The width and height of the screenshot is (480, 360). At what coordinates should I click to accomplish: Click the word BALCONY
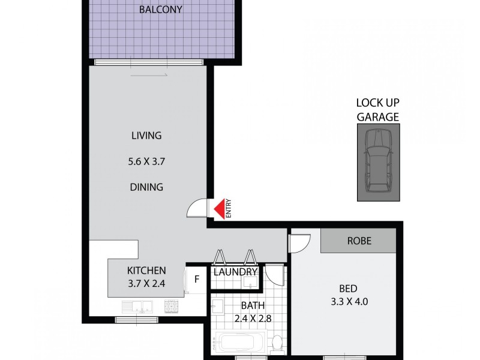tap(160, 10)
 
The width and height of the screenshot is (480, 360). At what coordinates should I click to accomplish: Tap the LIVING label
tap(146, 135)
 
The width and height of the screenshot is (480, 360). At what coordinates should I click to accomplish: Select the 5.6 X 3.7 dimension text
tap(146, 161)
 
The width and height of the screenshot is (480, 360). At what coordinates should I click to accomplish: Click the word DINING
tap(146, 187)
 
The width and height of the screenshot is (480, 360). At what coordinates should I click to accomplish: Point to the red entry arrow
tap(220, 208)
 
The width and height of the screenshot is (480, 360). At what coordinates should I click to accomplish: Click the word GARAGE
tap(378, 117)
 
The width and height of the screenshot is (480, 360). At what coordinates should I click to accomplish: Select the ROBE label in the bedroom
tap(359, 241)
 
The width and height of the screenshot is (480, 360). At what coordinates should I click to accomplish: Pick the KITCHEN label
tap(146, 271)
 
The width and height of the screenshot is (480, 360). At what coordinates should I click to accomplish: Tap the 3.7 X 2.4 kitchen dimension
tap(146, 284)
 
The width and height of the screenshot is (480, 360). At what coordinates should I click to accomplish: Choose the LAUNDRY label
tap(236, 272)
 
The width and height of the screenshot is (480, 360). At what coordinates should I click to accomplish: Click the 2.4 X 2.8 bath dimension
tap(252, 319)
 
